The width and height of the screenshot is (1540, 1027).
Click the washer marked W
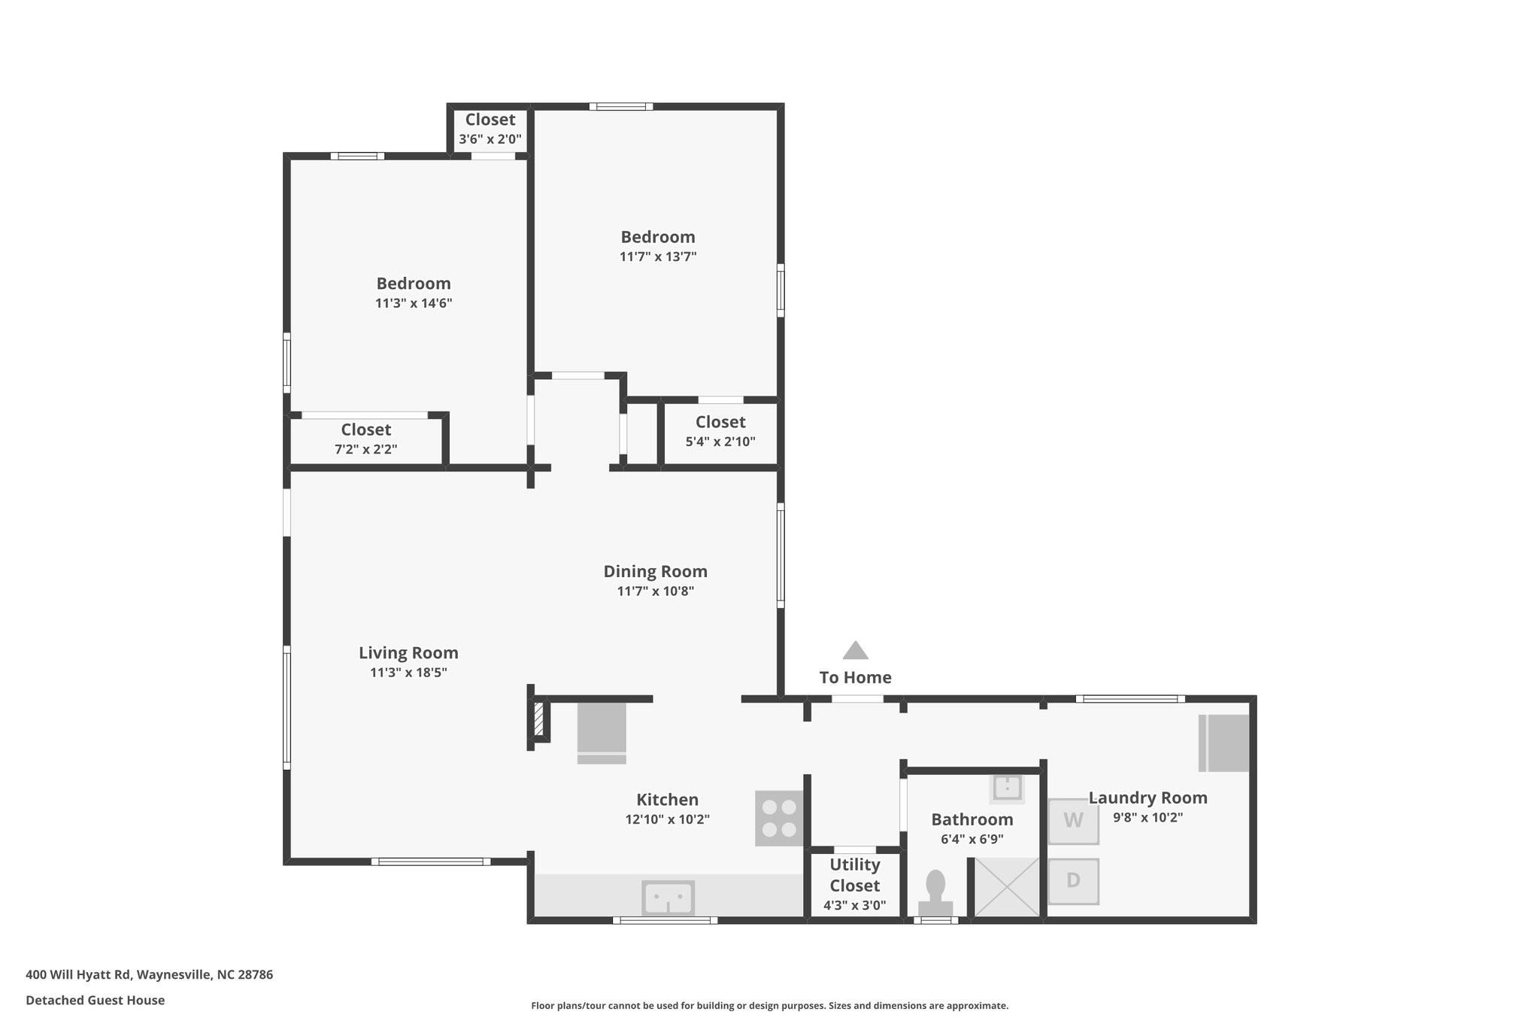pos(1073,821)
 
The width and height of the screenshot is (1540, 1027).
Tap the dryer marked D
pos(1073,881)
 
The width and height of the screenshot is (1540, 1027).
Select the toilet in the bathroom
pos(935,893)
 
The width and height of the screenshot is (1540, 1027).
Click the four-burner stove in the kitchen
pos(779,818)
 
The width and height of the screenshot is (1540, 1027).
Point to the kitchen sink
pos(668,897)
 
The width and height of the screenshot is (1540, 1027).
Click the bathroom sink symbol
pos(1007,788)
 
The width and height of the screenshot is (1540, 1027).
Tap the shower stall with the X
pos(1007,888)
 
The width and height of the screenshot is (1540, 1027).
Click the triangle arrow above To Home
pos(856,650)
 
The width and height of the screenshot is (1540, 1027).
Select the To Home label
pos(856,677)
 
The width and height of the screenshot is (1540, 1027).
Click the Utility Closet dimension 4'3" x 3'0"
pos(855,905)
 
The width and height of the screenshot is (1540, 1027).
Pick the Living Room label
pos(408,653)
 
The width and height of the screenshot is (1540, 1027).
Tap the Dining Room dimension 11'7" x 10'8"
pos(656,591)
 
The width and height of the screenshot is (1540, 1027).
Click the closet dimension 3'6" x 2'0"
pos(490,138)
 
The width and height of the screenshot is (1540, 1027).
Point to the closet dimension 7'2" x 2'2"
pos(366,449)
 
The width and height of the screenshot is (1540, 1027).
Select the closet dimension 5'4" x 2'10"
pos(720,442)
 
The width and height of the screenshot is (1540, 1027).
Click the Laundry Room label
pos(1148,798)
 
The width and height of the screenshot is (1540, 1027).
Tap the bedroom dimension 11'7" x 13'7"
pos(658,257)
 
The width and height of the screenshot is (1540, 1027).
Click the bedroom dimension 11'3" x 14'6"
pos(414,303)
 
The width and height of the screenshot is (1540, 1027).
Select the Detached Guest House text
pos(95,1000)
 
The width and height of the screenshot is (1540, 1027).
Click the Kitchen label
pos(668,800)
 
